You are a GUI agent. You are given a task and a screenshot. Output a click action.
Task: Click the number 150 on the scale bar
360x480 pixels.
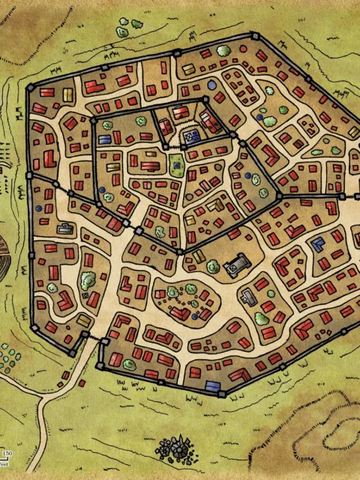point(7,454)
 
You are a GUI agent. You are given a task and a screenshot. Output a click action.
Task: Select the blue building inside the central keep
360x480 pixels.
point(192,136)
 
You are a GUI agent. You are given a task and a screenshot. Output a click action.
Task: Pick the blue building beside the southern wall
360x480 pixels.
point(213,386)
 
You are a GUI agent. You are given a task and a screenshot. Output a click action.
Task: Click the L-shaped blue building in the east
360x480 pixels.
point(318,243)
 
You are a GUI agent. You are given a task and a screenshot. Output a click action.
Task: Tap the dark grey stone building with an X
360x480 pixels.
point(239,264)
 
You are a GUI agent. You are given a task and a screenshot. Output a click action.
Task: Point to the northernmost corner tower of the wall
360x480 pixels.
point(255,35)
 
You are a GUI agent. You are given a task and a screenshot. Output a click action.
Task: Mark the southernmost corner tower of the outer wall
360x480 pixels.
point(221,393)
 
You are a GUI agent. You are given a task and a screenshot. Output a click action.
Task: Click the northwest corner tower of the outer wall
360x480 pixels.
point(30,87)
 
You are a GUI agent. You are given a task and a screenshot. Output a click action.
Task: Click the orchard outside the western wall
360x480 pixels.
point(7,356)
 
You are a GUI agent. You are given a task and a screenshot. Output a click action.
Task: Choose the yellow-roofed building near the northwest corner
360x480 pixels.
point(67,94)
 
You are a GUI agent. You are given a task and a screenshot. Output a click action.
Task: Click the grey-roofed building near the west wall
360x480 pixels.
point(65,228)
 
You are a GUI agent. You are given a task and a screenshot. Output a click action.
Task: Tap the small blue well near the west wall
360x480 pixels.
point(37,208)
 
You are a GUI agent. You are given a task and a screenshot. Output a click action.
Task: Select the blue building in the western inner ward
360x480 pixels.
point(105,139)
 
